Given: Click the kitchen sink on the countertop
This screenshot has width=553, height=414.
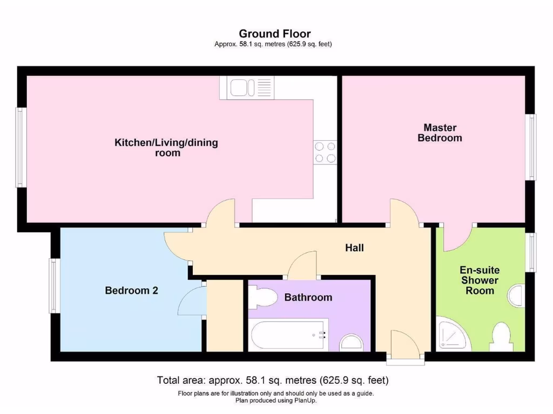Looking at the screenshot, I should (x=246, y=87).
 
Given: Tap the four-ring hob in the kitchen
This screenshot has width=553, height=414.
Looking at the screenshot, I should (x=325, y=151).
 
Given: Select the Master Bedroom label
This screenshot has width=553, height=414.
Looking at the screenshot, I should (x=440, y=133).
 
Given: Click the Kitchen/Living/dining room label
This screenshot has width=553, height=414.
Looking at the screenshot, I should (x=166, y=148).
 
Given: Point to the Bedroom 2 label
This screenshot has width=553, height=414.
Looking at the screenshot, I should (x=131, y=291).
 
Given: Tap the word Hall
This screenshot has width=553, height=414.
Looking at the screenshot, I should (x=354, y=248).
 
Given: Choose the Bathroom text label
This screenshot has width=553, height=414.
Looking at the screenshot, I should (x=308, y=297).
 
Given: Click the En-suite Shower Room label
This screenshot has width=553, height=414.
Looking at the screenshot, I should (x=480, y=280).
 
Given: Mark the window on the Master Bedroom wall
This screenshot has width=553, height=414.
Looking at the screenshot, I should (x=532, y=147).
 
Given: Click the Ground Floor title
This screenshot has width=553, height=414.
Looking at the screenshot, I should (x=274, y=34).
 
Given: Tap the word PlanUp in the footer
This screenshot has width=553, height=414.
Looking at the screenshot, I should (x=305, y=401).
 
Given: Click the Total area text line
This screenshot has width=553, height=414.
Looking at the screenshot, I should (x=273, y=381).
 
